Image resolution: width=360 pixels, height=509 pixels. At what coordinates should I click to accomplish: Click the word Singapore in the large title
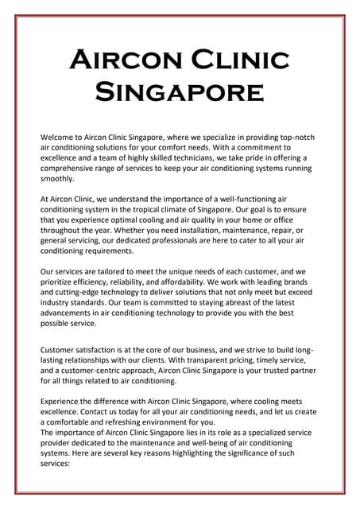click(180, 92)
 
